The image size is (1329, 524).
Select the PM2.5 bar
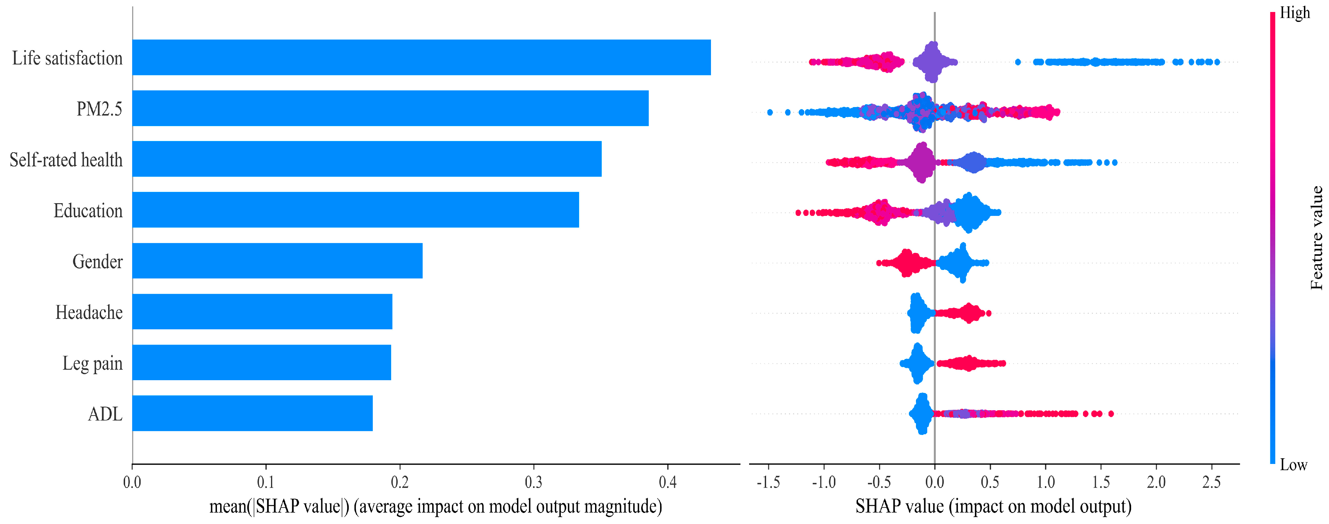click(390, 108)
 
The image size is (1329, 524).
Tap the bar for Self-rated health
click(366, 159)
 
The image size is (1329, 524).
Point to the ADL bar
click(252, 413)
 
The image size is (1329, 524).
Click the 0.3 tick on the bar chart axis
click(534, 482)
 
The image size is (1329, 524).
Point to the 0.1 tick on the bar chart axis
click(266, 482)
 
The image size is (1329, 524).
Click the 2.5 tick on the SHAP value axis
click(1211, 482)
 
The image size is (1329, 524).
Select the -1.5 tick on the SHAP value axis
click(768, 482)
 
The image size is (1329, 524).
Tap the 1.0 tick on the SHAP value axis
click(1045, 482)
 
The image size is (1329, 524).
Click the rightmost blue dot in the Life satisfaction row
click(1217, 63)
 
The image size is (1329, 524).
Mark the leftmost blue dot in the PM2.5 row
click(770, 112)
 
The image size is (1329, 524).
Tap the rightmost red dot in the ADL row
click(1111, 414)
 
